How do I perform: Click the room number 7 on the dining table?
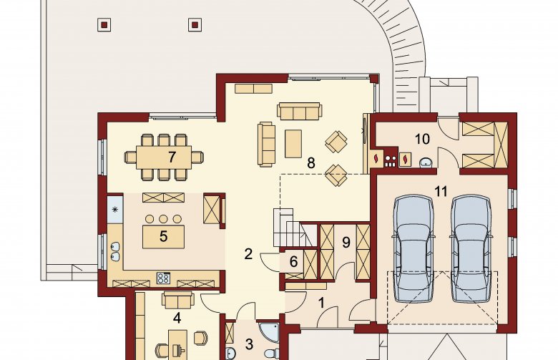tap(172, 157)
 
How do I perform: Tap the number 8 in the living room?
tap(311, 163)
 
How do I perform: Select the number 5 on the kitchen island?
tap(163, 236)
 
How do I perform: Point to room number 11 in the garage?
tap(441, 192)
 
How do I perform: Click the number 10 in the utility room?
tap(422, 139)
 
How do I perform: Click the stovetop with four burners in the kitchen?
tap(163, 278)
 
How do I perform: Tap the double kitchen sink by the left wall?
tap(115, 251)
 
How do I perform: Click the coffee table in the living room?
tap(293, 144)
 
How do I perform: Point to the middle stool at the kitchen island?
tap(163, 218)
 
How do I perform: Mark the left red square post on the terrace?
tap(104, 25)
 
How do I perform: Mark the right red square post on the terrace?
tap(195, 25)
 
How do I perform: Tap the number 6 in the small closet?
tap(293, 262)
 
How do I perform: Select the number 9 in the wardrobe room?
tap(346, 243)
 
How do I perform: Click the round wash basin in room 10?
tap(426, 162)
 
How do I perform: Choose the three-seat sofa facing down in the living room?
tap(300, 112)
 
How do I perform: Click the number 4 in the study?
tap(177, 318)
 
